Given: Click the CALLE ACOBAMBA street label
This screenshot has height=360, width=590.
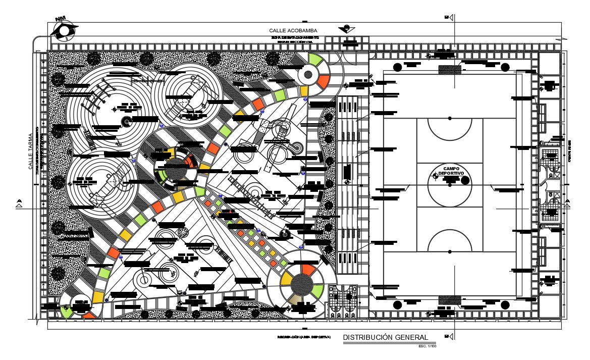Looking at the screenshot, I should coord(293,31).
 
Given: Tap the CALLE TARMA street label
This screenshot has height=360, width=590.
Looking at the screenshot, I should coord(31,151).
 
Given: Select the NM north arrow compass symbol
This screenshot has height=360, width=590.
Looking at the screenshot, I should coord(63,29).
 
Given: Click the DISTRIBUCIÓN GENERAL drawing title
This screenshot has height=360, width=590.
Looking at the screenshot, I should coord(386,337).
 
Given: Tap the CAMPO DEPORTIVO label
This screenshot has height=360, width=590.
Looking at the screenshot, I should coord(450,171).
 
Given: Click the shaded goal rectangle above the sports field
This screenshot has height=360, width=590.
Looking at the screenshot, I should coord(449,69).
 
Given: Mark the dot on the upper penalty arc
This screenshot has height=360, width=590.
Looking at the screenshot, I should coord(450,118).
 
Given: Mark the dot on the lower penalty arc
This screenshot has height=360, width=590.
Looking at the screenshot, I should coord(450,251).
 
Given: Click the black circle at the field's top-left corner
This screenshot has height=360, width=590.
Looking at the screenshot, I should coord(398,66).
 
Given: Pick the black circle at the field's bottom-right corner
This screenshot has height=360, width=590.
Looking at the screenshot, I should coord(504,304).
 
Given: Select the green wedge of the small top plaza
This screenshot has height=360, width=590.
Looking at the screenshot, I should coord(315,59).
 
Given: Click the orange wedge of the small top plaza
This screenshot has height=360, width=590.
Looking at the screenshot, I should coord(323,80).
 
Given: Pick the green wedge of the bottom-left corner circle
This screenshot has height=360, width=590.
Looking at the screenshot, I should coord(66,312).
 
